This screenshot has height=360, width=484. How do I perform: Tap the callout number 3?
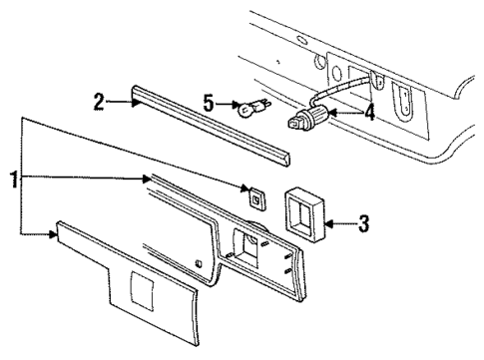click(363, 224)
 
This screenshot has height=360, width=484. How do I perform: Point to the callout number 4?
click(369, 114)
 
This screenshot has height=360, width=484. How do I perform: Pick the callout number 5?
click(209, 103)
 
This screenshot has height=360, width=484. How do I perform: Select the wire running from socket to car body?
click(334, 95)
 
